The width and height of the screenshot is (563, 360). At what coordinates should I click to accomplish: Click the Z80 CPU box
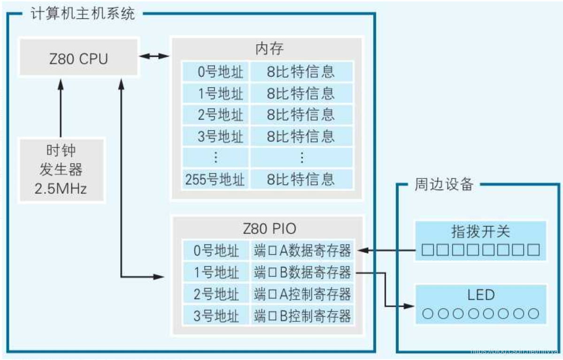coord(78,58)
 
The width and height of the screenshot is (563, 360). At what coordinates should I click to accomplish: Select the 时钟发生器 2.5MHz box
coord(61,170)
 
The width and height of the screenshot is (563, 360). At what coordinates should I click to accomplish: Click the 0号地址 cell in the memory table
coord(215,72)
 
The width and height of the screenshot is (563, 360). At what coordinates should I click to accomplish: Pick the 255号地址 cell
coord(215,179)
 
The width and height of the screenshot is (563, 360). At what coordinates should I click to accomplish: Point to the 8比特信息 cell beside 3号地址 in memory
coord(301,136)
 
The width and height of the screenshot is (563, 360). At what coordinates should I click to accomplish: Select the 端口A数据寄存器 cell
coord(302,251)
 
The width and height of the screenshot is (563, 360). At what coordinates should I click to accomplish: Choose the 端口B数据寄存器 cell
coord(302,272)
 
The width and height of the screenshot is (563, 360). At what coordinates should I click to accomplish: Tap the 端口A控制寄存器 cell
coord(302,294)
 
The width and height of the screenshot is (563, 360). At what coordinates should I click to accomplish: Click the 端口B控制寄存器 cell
coord(302,315)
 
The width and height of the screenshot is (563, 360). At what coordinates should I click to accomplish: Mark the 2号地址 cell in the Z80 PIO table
coord(216,294)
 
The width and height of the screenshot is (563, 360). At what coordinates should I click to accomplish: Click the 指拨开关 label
coord(480,231)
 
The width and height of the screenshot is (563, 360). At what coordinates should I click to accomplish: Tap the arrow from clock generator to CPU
coord(61,108)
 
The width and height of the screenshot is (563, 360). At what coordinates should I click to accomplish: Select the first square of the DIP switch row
coord(427,250)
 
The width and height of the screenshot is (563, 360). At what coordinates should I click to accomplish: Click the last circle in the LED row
coord(533,314)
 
